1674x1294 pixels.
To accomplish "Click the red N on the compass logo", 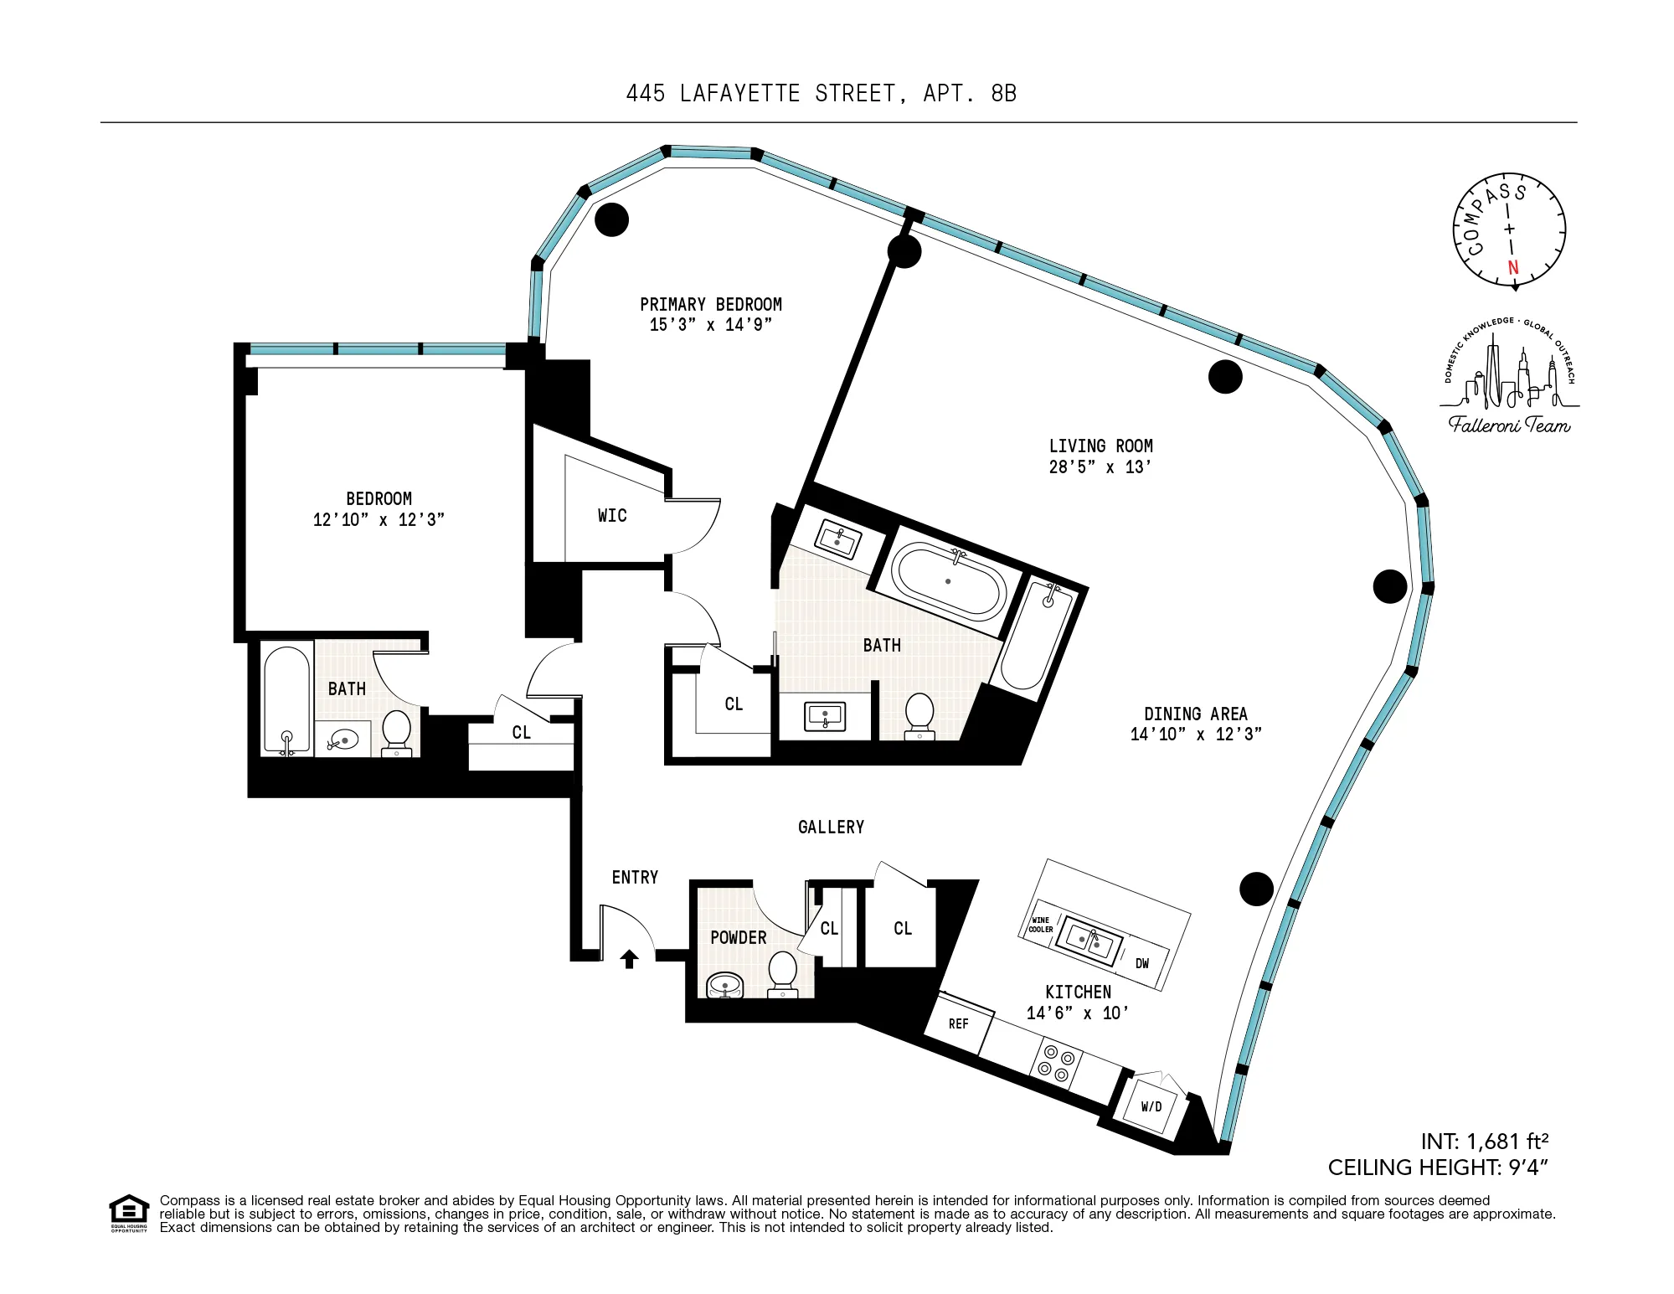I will (1512, 268).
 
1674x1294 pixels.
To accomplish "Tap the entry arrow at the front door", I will (629, 958).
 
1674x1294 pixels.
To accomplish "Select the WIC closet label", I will (612, 516).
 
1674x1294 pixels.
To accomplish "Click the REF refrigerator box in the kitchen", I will (959, 1023).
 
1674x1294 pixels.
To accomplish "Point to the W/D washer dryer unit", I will (1151, 1106).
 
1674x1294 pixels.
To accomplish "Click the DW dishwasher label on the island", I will (1142, 963).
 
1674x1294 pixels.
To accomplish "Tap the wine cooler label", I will (1040, 925).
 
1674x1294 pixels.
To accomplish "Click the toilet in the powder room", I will (783, 971).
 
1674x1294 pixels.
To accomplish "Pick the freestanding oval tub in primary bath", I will (948, 580).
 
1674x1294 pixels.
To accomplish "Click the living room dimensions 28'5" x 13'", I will (1100, 467).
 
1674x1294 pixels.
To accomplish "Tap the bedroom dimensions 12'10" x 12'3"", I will (379, 520).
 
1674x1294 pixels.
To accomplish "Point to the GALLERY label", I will (831, 827).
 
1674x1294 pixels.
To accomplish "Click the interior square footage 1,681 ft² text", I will (1484, 1142).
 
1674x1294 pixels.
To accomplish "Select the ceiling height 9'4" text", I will (1437, 1168).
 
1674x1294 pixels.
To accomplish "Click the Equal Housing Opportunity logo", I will (129, 1213).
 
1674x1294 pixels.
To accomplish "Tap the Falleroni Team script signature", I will (1509, 425).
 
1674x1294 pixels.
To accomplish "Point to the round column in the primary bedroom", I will (611, 219).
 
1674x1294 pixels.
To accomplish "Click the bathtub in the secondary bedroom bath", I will (286, 697).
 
